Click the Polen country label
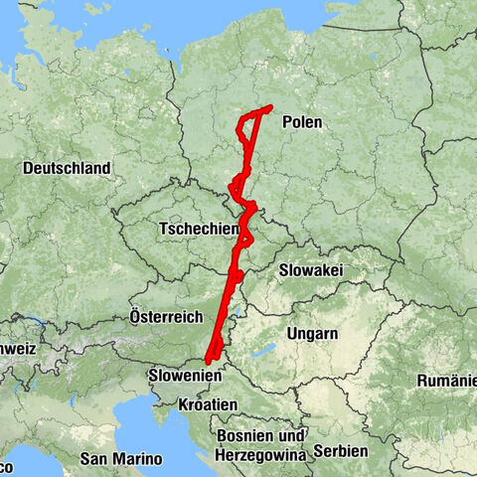(x=302, y=122)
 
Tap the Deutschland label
(x=67, y=169)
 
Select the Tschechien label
(x=198, y=230)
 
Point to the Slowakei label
(x=311, y=269)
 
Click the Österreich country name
(x=167, y=316)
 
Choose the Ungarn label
(x=311, y=333)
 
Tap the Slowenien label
(x=184, y=377)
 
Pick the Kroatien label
(x=208, y=404)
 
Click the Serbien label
(x=339, y=450)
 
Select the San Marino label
(x=122, y=458)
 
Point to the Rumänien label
(x=447, y=381)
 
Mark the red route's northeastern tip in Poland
(x=270, y=107)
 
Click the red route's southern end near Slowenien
(x=207, y=361)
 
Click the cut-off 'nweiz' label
(x=17, y=350)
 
